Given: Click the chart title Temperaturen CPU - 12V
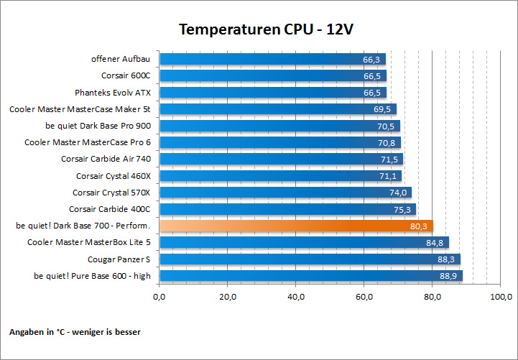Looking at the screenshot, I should [266, 29].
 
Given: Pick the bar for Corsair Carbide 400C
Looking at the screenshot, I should [280, 209].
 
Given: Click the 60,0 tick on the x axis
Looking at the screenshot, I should [364, 297].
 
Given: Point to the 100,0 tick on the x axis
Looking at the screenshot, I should [500, 297].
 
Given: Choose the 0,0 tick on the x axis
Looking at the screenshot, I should [160, 297].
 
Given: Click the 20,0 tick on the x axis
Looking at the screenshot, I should [228, 297].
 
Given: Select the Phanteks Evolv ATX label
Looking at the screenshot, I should [113, 93].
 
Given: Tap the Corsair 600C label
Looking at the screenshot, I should [126, 75].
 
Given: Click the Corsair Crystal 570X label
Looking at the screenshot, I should [111, 193].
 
